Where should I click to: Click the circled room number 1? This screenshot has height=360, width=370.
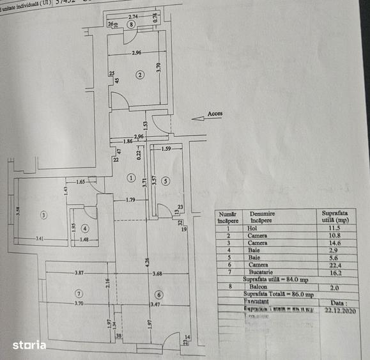tap(130, 177)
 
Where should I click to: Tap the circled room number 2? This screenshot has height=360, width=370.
tap(140, 75)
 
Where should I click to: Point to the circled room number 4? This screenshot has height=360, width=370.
tap(85, 228)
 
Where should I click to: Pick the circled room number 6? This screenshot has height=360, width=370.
tap(159, 294)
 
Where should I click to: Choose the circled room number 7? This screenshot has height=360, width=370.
tap(79, 293)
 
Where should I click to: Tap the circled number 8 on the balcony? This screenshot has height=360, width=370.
tap(131, 25)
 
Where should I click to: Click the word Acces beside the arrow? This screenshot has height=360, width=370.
tap(215, 114)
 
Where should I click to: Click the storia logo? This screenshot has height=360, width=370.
tap(29, 345)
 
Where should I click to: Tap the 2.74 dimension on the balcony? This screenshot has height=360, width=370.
tap(133, 15)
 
